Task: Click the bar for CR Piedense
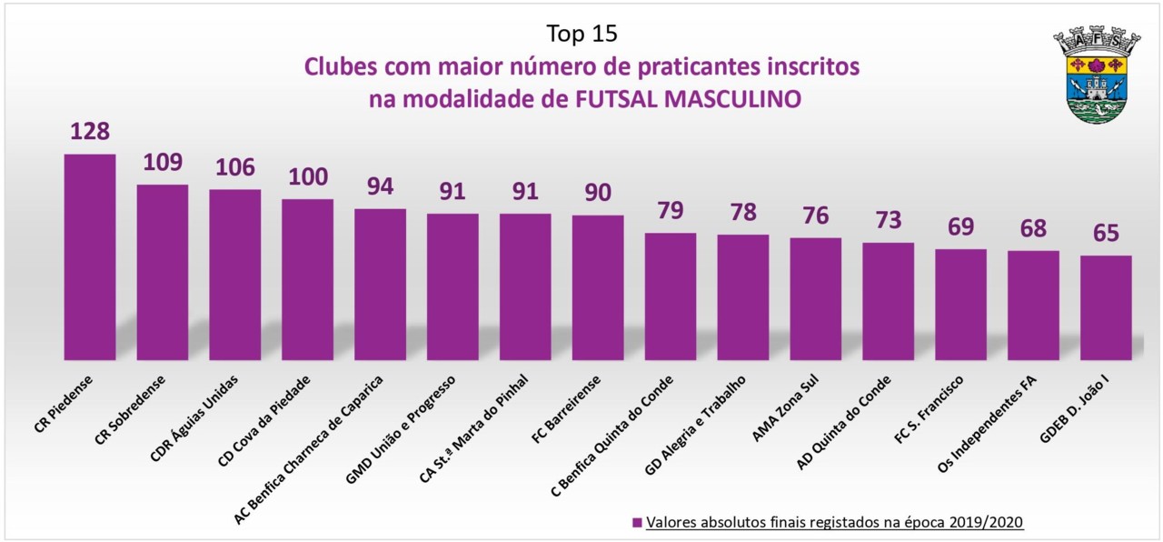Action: click(x=89, y=256)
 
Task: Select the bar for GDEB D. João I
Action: click(x=1106, y=307)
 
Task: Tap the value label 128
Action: click(x=89, y=131)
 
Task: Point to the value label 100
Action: click(x=307, y=176)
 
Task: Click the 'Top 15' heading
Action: click(x=581, y=34)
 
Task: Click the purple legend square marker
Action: click(x=637, y=523)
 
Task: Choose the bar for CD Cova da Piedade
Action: click(x=307, y=279)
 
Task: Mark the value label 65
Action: click(x=1106, y=233)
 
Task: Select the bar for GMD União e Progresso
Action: click(x=452, y=286)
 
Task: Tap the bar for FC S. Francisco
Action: click(x=960, y=304)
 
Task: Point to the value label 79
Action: click(x=671, y=210)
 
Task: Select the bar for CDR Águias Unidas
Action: click(x=234, y=274)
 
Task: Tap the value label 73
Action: click(x=888, y=220)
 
